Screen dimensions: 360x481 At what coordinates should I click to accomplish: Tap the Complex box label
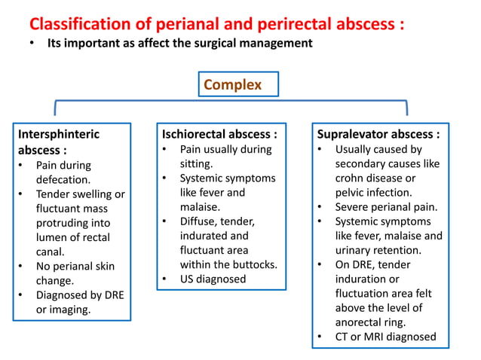[233, 84]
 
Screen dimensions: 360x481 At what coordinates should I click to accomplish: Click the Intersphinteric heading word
[59, 134]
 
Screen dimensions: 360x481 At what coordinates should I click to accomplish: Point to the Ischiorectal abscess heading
[219, 134]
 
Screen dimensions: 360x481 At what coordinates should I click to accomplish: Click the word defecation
[63, 179]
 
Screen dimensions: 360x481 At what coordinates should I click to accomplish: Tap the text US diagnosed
[213, 279]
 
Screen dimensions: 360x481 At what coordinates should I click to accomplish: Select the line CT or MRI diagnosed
[385, 337]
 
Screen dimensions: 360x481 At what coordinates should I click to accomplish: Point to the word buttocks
[253, 264]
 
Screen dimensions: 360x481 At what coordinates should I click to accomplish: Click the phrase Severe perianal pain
[386, 206]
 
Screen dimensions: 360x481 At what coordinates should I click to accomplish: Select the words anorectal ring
[372, 322]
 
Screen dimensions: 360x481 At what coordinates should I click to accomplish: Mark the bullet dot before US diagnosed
[165, 279]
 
